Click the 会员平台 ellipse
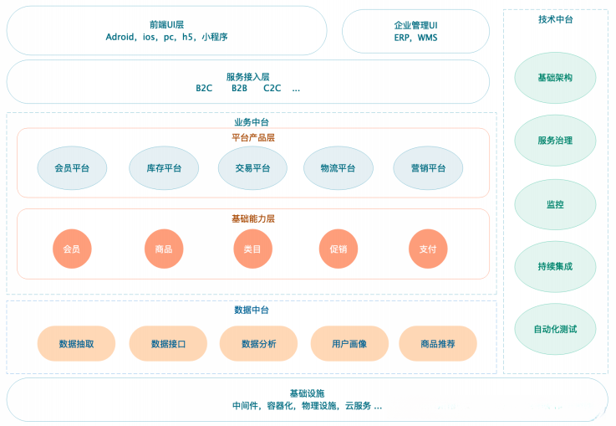click(x=72, y=168)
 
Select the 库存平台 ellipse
click(x=164, y=168)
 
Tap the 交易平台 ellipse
click(x=252, y=168)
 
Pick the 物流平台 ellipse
click(x=338, y=168)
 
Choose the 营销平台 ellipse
click(x=428, y=168)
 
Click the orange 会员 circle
click(x=71, y=249)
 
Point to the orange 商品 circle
click(x=164, y=249)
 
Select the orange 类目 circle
click(x=252, y=249)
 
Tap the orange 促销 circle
click(x=338, y=249)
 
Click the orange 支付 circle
click(x=428, y=249)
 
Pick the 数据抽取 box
click(x=76, y=344)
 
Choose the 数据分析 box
click(x=258, y=344)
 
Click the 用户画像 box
click(x=349, y=344)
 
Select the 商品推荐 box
click(x=438, y=344)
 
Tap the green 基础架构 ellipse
click(x=555, y=78)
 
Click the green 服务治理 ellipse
click(x=555, y=141)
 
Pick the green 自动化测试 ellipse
click(x=555, y=329)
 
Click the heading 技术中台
click(x=555, y=18)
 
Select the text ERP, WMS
click(x=415, y=38)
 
